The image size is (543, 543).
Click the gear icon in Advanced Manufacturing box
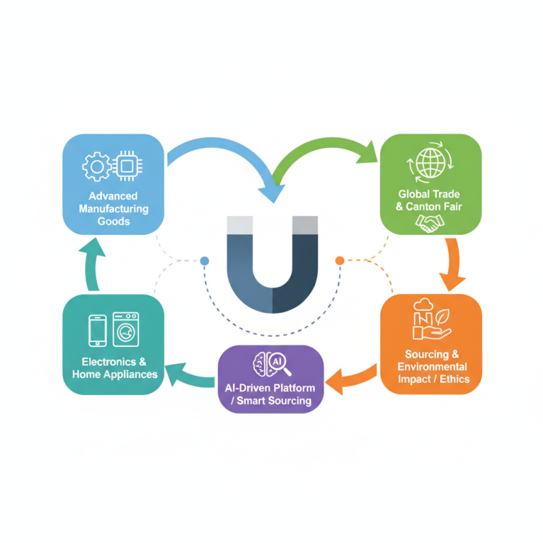(96, 166)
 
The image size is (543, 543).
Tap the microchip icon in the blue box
(127, 165)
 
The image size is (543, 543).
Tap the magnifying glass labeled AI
(279, 365)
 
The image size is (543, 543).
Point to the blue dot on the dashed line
(204, 261)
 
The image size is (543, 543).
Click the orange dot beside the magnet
(340, 260)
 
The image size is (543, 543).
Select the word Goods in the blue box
(113, 221)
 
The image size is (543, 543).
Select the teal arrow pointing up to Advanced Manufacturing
(90, 259)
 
